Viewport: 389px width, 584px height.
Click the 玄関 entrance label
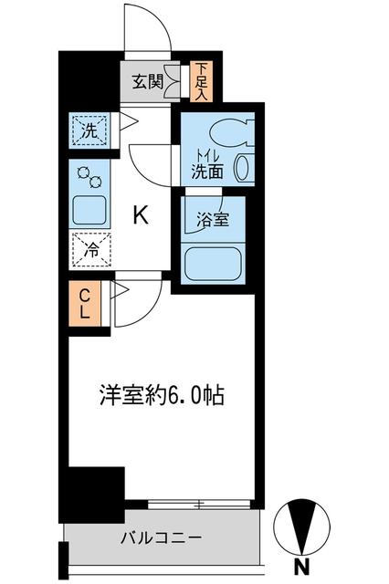coord(146,82)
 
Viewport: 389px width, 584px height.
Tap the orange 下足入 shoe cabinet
coord(202,81)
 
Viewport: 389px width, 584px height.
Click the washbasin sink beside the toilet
coord(244,166)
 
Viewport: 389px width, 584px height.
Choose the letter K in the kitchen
coord(141,215)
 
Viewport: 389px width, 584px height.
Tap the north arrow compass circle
coord(302,524)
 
